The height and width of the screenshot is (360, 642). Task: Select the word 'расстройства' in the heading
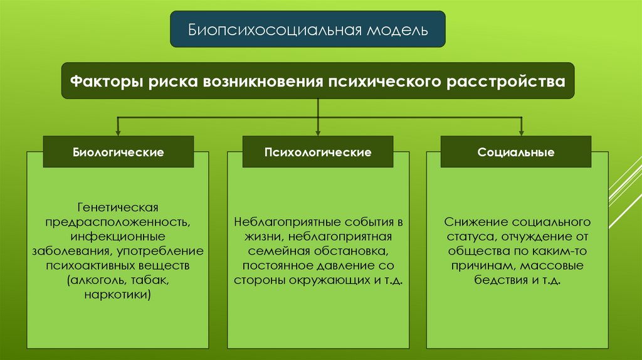point(505,81)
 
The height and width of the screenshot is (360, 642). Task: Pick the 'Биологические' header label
point(118,152)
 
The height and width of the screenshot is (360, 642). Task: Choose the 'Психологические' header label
point(318,152)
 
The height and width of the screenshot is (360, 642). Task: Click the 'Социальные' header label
point(516,152)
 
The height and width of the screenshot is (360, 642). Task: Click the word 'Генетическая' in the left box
point(118,206)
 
